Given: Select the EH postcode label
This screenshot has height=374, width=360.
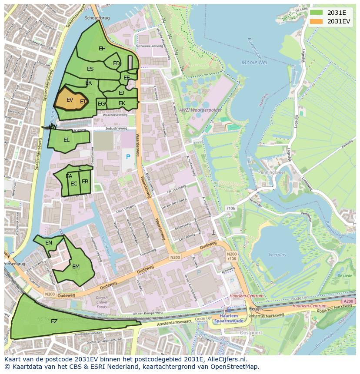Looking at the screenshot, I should tap(102, 49).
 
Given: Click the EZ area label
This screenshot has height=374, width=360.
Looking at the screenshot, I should tap(54, 321).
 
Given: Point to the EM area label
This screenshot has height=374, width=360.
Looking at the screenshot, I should tap(76, 267).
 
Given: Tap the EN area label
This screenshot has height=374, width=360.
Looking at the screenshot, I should tap(49, 243).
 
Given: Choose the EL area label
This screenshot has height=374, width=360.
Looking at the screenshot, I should tap(67, 140).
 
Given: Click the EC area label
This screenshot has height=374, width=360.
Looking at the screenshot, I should tap(74, 184).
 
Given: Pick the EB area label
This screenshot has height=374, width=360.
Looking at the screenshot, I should tap(85, 182).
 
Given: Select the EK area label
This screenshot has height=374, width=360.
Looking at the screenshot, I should tap(122, 103).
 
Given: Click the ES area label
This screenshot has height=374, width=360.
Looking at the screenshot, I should tap(90, 69).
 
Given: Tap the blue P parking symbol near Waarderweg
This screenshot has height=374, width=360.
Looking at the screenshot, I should tap(128, 157).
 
